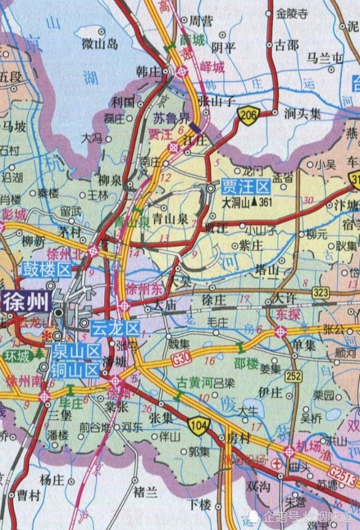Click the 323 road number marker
(x=321, y=292)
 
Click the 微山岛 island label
(x=99, y=43)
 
